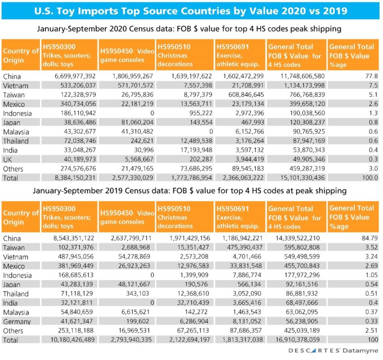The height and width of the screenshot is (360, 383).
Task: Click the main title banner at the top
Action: (191, 10)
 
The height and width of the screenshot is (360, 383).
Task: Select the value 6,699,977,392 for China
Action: (68, 76)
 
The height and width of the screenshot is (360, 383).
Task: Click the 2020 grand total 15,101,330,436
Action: (297, 178)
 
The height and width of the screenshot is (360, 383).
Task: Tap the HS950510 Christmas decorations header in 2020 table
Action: (184, 53)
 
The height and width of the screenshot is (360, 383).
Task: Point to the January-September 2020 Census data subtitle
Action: (191, 29)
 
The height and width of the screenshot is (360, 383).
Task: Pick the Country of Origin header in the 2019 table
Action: (21, 217)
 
